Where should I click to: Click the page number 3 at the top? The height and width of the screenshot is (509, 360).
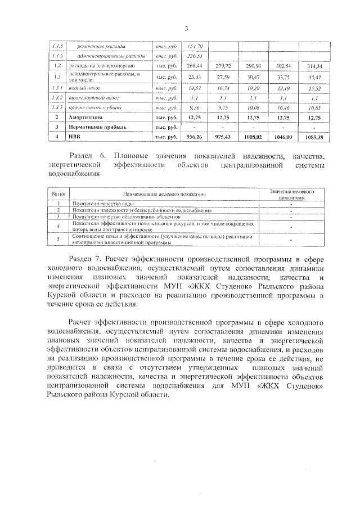pos(185,29)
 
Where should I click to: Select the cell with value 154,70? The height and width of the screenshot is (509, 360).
pos(195,46)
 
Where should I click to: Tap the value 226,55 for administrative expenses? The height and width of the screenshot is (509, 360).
pos(195,56)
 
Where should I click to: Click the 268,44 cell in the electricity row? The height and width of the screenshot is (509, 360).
pos(195,66)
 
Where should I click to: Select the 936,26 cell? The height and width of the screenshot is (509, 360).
pos(195,137)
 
